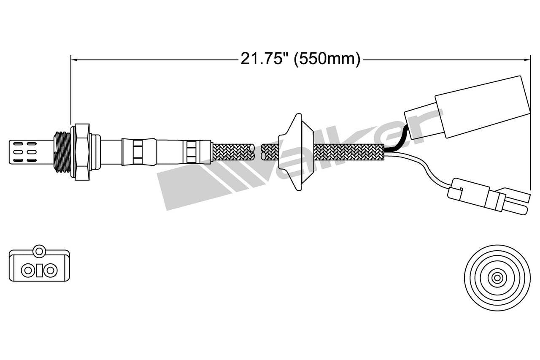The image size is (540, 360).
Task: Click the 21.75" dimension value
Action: coord(265,59)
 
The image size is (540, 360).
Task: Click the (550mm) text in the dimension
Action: coord(327,59)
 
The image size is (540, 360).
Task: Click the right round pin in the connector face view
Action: coord(51,270)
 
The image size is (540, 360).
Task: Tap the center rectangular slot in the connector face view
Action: coord(39,270)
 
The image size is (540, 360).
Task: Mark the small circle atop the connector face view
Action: coord(39,251)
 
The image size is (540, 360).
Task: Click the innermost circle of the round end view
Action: coord(497,278)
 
